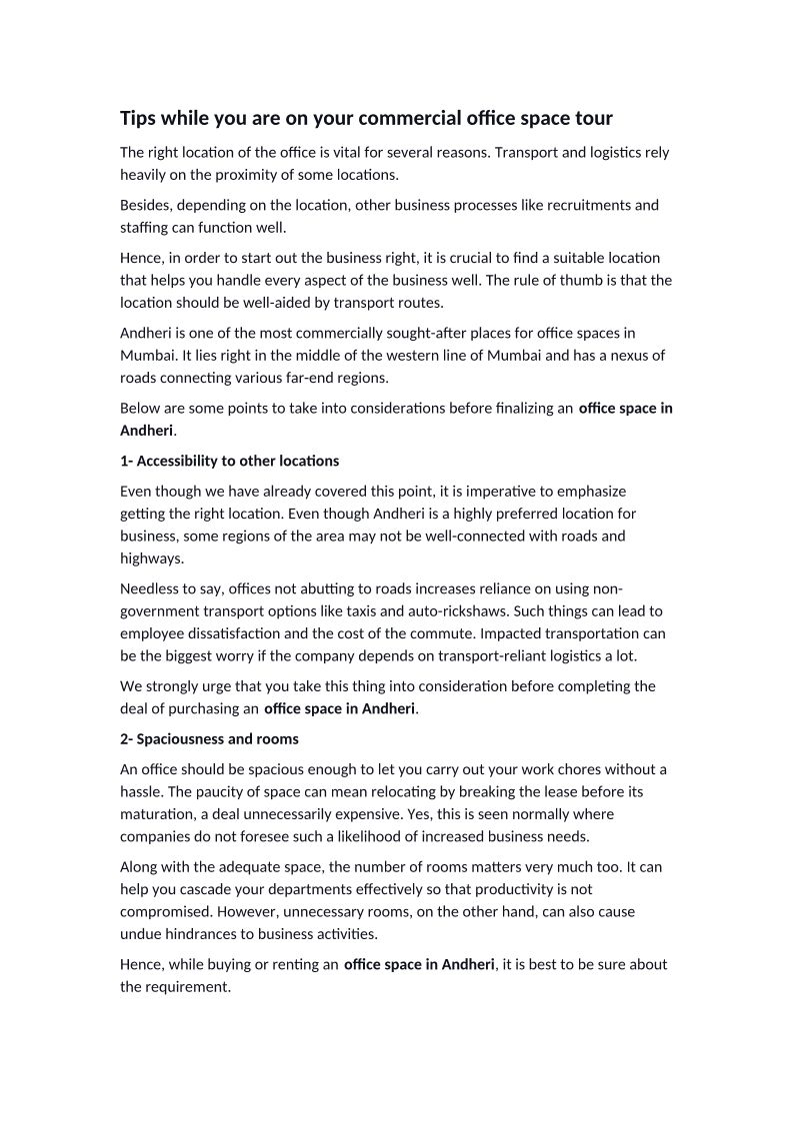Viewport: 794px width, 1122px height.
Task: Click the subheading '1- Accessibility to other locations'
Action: point(229,461)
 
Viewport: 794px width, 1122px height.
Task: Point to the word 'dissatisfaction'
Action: point(236,632)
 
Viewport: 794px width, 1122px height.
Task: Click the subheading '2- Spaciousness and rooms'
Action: point(209,739)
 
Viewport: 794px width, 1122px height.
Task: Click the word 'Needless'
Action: point(151,588)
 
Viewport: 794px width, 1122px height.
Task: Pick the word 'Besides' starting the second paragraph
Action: point(146,205)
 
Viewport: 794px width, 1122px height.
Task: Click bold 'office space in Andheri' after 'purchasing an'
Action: point(340,708)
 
